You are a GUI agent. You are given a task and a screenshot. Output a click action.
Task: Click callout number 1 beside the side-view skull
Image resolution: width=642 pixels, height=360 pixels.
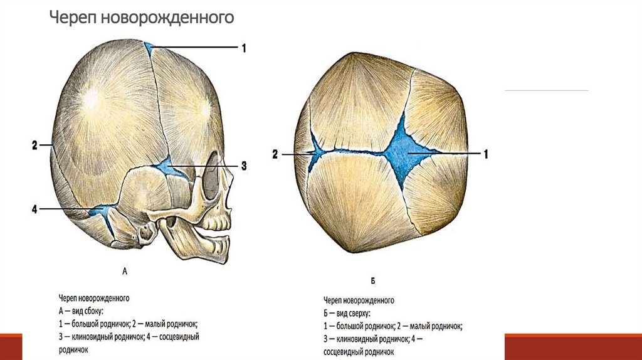click(x=243, y=48)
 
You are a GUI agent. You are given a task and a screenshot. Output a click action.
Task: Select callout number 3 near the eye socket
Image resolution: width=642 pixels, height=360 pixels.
click(x=243, y=166)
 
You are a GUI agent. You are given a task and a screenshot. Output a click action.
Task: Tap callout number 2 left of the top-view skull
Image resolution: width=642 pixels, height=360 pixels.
click(x=274, y=153)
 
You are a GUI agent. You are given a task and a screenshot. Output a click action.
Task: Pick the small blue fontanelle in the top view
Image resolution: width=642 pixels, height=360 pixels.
click(x=315, y=152)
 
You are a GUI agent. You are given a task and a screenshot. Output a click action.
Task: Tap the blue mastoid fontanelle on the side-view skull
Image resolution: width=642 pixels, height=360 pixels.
click(x=99, y=211)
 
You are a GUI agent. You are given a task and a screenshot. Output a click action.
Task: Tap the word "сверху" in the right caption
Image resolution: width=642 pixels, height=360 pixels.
click(x=357, y=312)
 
